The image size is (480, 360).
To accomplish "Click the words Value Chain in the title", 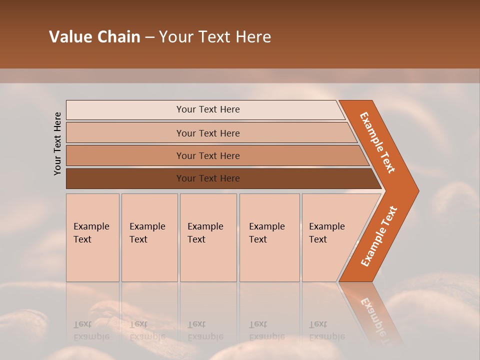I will pyautogui.click(x=94, y=37).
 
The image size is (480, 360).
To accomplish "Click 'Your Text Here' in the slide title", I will pyautogui.click(x=215, y=37).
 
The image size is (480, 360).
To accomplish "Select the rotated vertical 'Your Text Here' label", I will pyautogui.click(x=57, y=143).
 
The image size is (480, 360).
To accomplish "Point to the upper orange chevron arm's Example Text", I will pyautogui.click(x=377, y=142).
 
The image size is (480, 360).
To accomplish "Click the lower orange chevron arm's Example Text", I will pyautogui.click(x=379, y=236).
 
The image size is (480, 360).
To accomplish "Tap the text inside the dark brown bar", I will pyautogui.click(x=208, y=178).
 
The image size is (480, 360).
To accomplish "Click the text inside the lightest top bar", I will pyautogui.click(x=208, y=109).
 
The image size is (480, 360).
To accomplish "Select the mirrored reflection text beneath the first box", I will pyautogui.click(x=91, y=330).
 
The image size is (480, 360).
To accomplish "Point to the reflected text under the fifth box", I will pyautogui.click(x=326, y=330).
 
